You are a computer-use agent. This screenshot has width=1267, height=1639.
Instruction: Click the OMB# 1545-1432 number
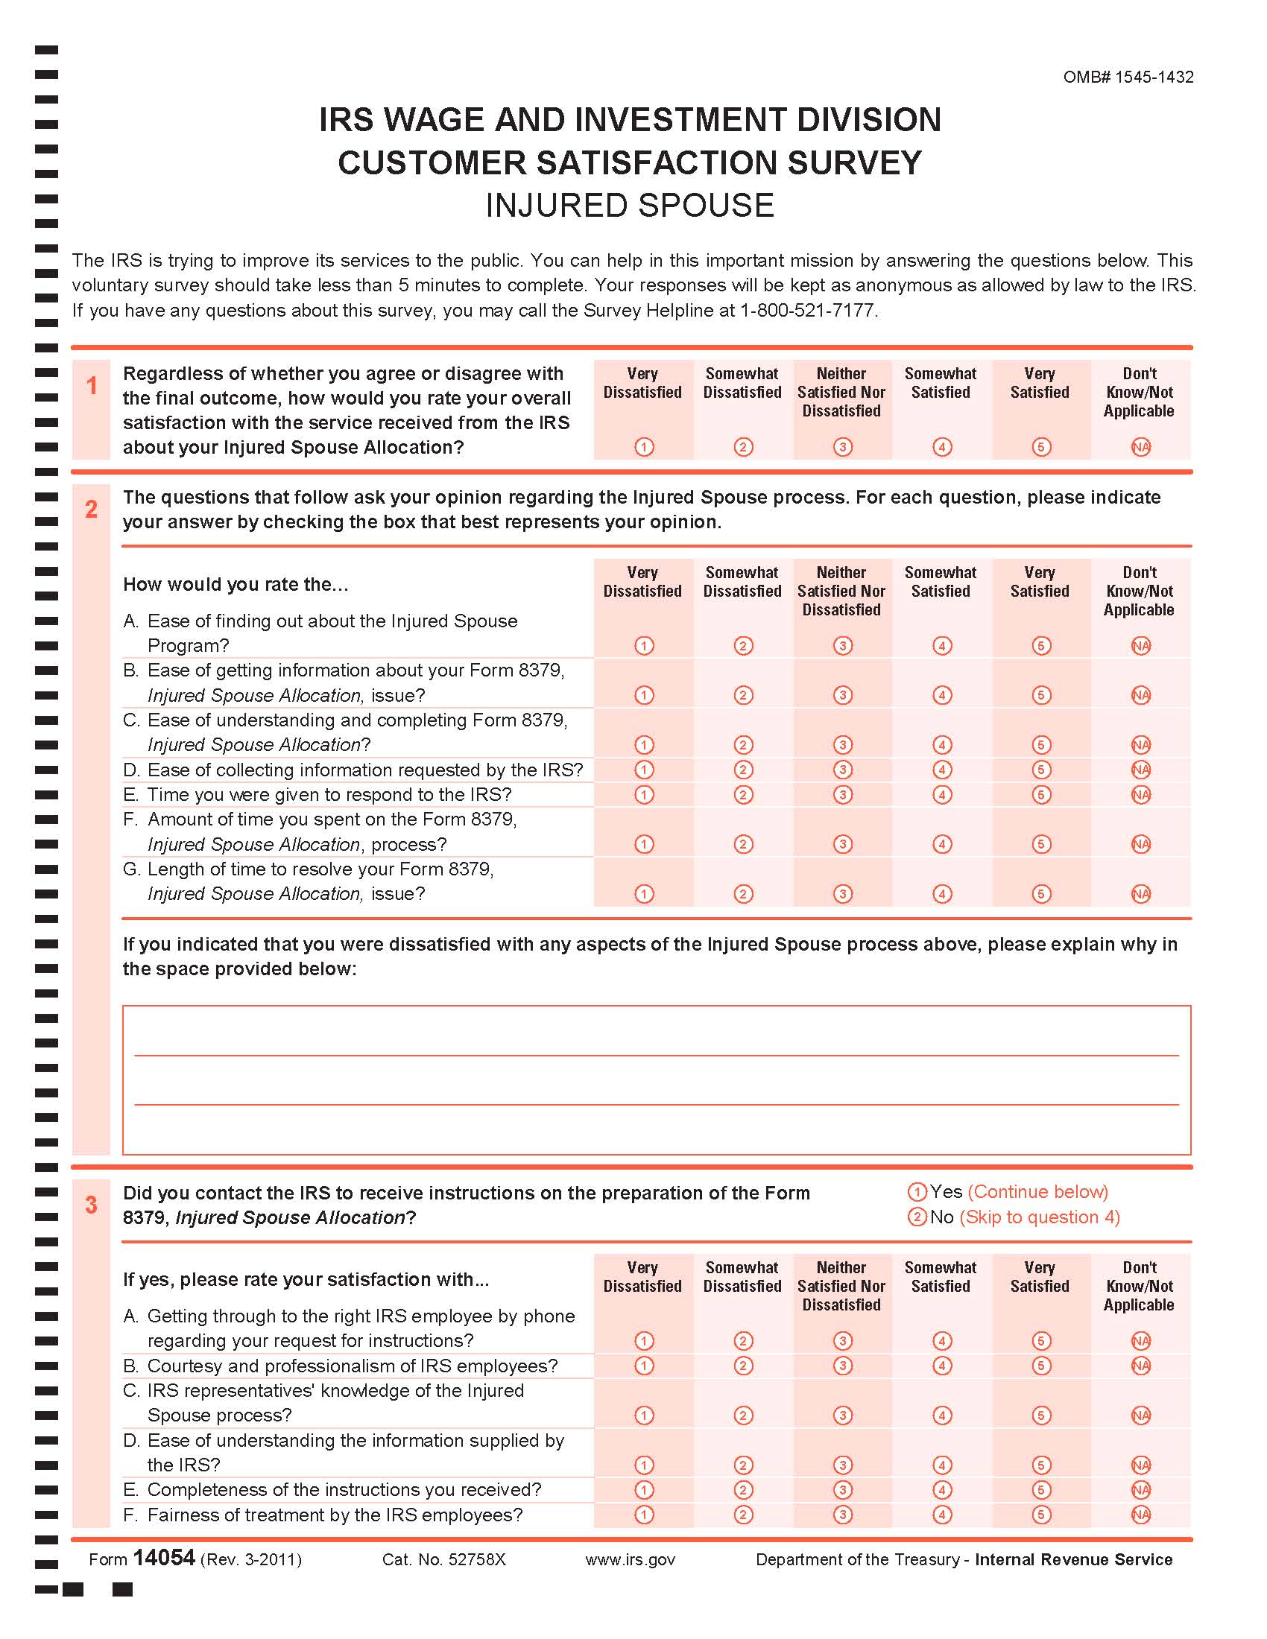tap(1128, 77)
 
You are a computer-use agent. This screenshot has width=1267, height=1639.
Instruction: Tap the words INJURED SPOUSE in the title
tap(629, 206)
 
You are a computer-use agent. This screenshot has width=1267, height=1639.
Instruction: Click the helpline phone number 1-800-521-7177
tap(807, 310)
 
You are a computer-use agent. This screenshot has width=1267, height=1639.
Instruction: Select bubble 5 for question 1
tap(1040, 447)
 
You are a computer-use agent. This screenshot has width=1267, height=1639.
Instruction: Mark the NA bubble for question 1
tap(1140, 447)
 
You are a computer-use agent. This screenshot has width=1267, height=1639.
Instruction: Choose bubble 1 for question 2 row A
tap(644, 645)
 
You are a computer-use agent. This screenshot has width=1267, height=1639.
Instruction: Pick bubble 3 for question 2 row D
tap(842, 770)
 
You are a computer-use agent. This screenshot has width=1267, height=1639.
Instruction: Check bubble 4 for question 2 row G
tap(942, 894)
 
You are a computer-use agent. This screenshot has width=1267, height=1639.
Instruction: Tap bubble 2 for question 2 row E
tap(743, 795)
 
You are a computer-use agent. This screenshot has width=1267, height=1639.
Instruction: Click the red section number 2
tap(91, 510)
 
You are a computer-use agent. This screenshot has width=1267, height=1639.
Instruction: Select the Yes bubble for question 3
tap(917, 1192)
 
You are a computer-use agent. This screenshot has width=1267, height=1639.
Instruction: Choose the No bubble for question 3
tap(917, 1217)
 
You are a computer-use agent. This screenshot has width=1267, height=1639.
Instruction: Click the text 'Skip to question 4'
tap(1040, 1217)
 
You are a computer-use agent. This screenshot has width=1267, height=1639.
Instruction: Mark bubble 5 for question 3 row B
tap(1040, 1366)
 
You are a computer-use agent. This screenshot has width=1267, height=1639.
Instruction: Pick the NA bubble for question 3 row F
tap(1140, 1515)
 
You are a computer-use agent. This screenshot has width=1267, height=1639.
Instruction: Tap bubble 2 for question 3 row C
tap(743, 1415)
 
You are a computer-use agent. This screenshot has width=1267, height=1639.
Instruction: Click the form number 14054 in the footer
tap(164, 1558)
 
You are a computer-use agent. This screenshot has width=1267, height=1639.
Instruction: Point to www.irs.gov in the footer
tap(630, 1559)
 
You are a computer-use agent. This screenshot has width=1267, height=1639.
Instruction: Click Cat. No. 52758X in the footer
tap(443, 1559)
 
